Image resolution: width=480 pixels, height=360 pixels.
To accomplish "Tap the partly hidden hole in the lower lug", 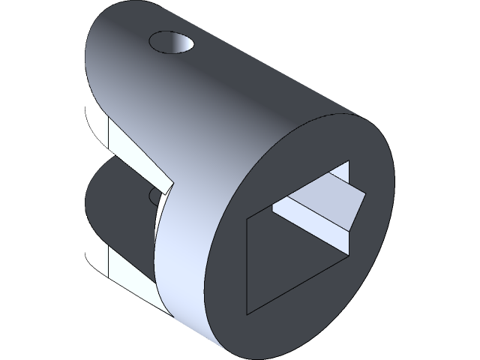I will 154,197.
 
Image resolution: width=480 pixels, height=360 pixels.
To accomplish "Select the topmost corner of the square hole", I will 349,161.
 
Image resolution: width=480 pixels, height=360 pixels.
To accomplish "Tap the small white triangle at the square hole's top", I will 342,174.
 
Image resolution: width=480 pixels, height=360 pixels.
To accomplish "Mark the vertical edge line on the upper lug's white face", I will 110,135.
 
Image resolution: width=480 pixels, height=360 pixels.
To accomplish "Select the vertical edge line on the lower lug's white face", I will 110,259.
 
